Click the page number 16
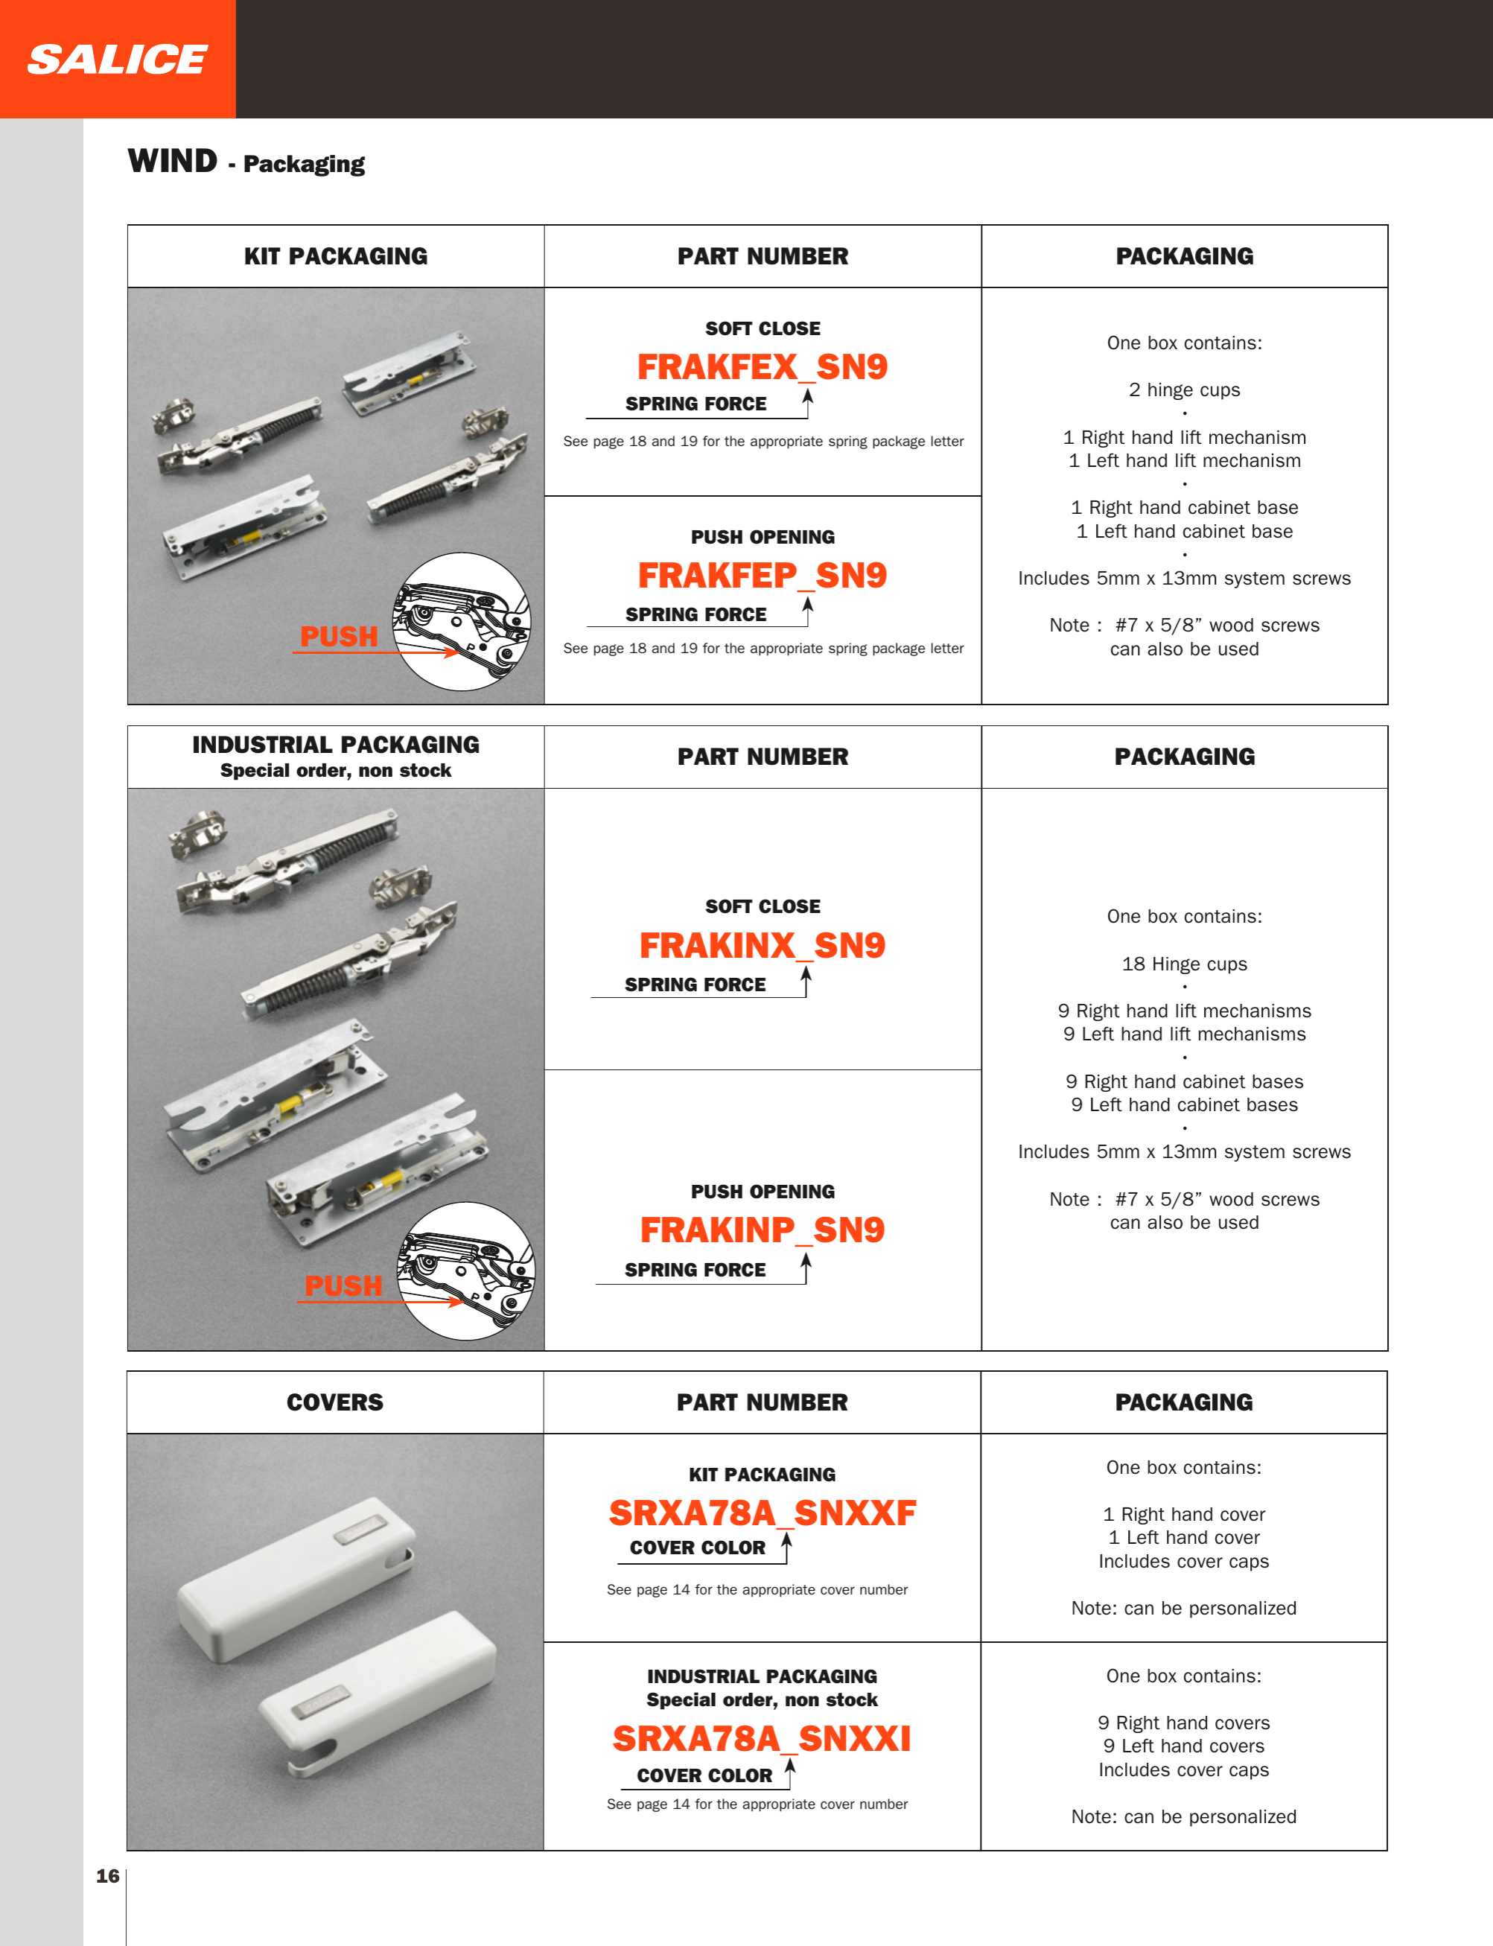point(107,1876)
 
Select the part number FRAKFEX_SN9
point(763,367)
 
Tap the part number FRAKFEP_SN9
point(763,576)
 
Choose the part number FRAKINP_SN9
point(763,1230)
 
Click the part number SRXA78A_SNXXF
point(763,1513)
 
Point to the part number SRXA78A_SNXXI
point(763,1739)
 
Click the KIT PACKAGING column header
point(336,256)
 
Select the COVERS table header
point(335,1402)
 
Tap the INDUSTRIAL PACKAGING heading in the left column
point(336,745)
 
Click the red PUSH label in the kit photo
point(339,636)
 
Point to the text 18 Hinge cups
point(1185,964)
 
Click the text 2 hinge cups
point(1185,390)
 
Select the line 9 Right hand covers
point(1184,1723)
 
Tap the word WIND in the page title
point(173,162)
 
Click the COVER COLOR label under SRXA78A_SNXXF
point(698,1548)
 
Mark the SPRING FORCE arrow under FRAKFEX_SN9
point(808,402)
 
